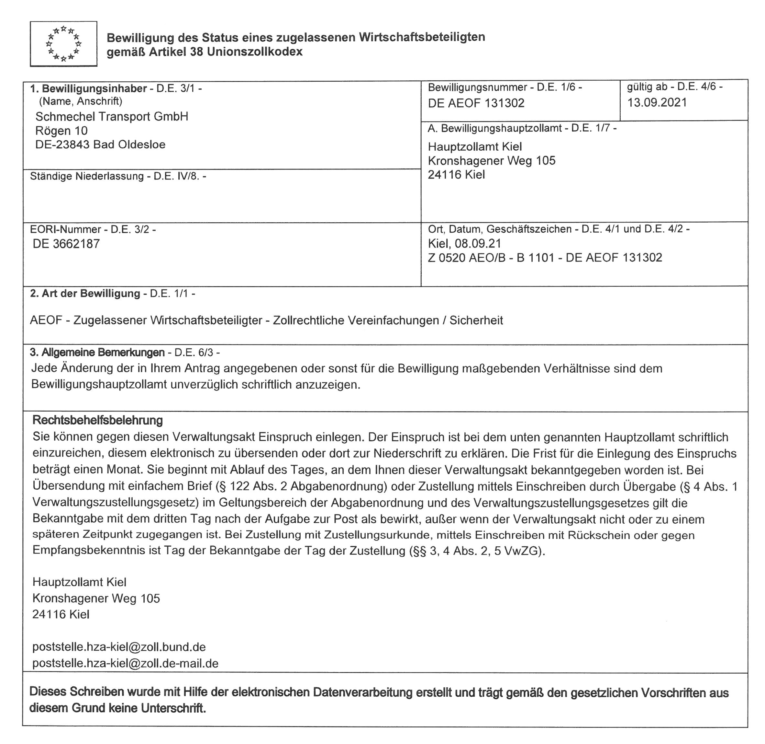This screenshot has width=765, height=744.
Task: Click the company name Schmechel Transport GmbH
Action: pyautogui.click(x=112, y=116)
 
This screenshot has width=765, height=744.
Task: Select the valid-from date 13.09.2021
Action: pyautogui.click(x=657, y=102)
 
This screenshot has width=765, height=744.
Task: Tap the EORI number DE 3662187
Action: pyautogui.click(x=66, y=244)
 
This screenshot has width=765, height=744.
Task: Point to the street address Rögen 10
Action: pyautogui.click(x=61, y=131)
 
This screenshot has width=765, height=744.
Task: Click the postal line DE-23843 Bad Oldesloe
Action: pyautogui.click(x=100, y=145)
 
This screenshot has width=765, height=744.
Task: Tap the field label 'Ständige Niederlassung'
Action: pyautogui.click(x=87, y=176)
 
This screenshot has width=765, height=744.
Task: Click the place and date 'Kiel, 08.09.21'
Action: pyautogui.click(x=464, y=243)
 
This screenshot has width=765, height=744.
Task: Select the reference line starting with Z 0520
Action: pyautogui.click(x=545, y=258)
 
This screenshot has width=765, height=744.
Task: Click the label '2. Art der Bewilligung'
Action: pyautogui.click(x=85, y=294)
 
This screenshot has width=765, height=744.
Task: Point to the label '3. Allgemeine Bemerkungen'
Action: pyautogui.click(x=97, y=353)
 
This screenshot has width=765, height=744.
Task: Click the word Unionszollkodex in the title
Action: pyautogui.click(x=254, y=52)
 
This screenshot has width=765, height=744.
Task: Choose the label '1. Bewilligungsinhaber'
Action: pyautogui.click(x=88, y=89)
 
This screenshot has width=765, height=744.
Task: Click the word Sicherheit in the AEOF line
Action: pyautogui.click(x=476, y=320)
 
